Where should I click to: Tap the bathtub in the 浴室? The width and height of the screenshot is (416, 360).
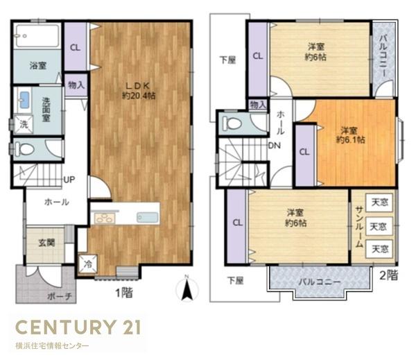pyautogui.click(x=37, y=36)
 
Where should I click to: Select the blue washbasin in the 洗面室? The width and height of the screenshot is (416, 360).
pyautogui.click(x=24, y=100)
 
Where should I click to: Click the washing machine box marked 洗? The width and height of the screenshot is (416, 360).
pyautogui.click(x=24, y=124)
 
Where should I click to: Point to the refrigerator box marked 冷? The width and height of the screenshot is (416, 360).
pyautogui.click(x=87, y=264)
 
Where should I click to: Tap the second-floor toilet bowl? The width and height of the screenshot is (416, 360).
pyautogui.click(x=232, y=123)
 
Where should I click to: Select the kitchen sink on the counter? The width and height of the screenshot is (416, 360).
pyautogui.click(x=148, y=218)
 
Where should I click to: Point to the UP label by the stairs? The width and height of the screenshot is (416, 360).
pyautogui.click(x=69, y=180)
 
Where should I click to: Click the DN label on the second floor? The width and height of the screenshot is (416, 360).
pyautogui.click(x=275, y=146)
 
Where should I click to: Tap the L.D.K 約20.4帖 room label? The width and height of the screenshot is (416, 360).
pyautogui.click(x=139, y=90)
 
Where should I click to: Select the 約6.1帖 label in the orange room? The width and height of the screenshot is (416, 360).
pyautogui.click(x=350, y=139)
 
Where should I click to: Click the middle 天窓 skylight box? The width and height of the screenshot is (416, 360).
pyautogui.click(x=379, y=226)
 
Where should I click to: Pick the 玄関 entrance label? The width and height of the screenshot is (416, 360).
pyautogui.click(x=46, y=242)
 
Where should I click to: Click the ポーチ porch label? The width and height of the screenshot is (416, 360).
pyautogui.click(x=60, y=296)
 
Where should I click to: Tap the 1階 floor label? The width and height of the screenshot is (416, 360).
pyautogui.click(x=124, y=293)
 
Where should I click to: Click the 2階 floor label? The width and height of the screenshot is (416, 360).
pyautogui.click(x=389, y=275)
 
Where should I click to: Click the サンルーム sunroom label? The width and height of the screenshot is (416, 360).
pyautogui.click(x=359, y=227)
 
